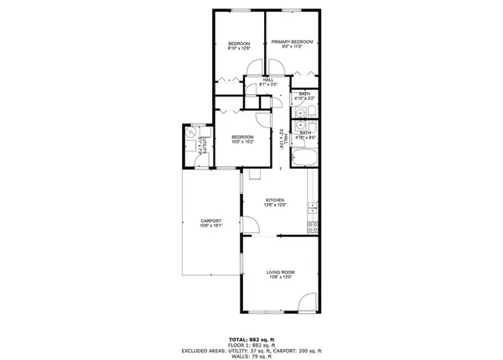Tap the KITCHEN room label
[x=277, y=201]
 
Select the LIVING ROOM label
[x=280, y=275]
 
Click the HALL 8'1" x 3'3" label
[x=268, y=82]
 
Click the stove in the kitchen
[x=314, y=227]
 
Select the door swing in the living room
[x=309, y=300]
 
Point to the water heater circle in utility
[x=191, y=133]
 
